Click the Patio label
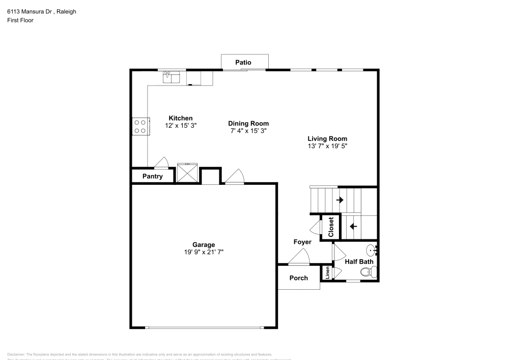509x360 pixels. coord(243,62)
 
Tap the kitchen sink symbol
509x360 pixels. coord(172,77)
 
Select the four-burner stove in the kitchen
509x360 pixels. coord(140,126)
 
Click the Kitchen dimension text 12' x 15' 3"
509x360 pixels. coord(181,125)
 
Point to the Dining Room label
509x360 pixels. coord(248,123)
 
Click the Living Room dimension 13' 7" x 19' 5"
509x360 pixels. coord(327,146)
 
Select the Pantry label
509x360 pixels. coord(152,176)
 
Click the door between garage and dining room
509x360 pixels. coord(235,176)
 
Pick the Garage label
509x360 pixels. coord(203,244)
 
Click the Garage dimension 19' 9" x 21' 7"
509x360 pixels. coord(203,252)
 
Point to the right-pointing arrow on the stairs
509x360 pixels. coord(340,200)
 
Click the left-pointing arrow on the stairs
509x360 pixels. coord(353,226)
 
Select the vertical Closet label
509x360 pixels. coord(331,227)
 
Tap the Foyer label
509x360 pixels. coord(302,242)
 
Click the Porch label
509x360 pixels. coord(298,278)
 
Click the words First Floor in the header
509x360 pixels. coord(20,20)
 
